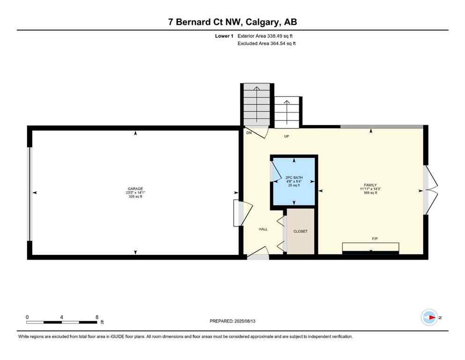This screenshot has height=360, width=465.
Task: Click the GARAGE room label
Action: click(135, 188)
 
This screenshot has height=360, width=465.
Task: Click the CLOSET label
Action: click(300, 232)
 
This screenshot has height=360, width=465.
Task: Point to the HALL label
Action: click(263, 229)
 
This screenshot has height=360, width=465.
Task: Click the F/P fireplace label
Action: click(375, 239)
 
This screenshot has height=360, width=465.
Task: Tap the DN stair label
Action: click(249, 133)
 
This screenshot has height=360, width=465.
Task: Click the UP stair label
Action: click(287, 136)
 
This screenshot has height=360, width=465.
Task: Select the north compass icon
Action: click(429, 317)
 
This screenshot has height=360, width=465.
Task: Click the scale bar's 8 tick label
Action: click(97, 317)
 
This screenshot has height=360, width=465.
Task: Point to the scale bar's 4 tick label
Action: click(62, 317)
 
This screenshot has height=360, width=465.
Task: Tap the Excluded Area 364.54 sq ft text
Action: click(266, 44)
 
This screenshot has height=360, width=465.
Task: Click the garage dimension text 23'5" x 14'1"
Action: click(135, 193)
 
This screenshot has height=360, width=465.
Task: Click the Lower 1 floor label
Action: click(224, 36)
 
